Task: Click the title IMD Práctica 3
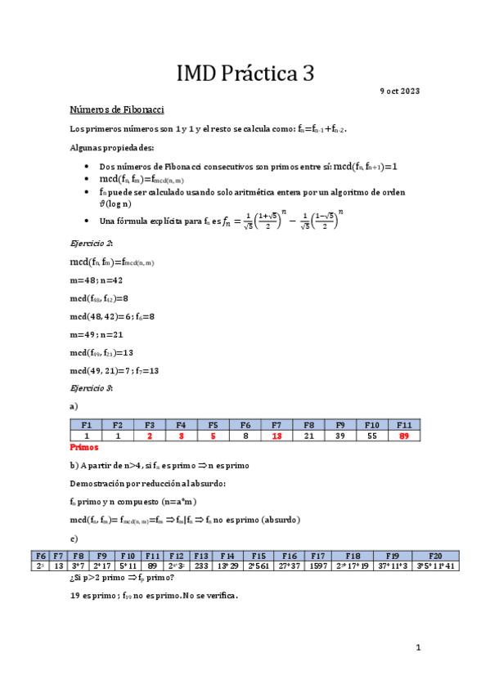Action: click(245, 74)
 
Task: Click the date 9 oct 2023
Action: click(400, 91)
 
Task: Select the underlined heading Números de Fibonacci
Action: click(119, 109)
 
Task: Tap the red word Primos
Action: click(84, 448)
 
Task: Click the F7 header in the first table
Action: click(276, 425)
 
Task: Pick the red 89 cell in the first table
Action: click(403, 436)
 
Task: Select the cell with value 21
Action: click(308, 436)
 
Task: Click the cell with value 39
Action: click(340, 436)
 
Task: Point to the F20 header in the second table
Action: click(434, 554)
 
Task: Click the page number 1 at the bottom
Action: click(417, 648)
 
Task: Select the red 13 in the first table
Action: click(276, 436)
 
